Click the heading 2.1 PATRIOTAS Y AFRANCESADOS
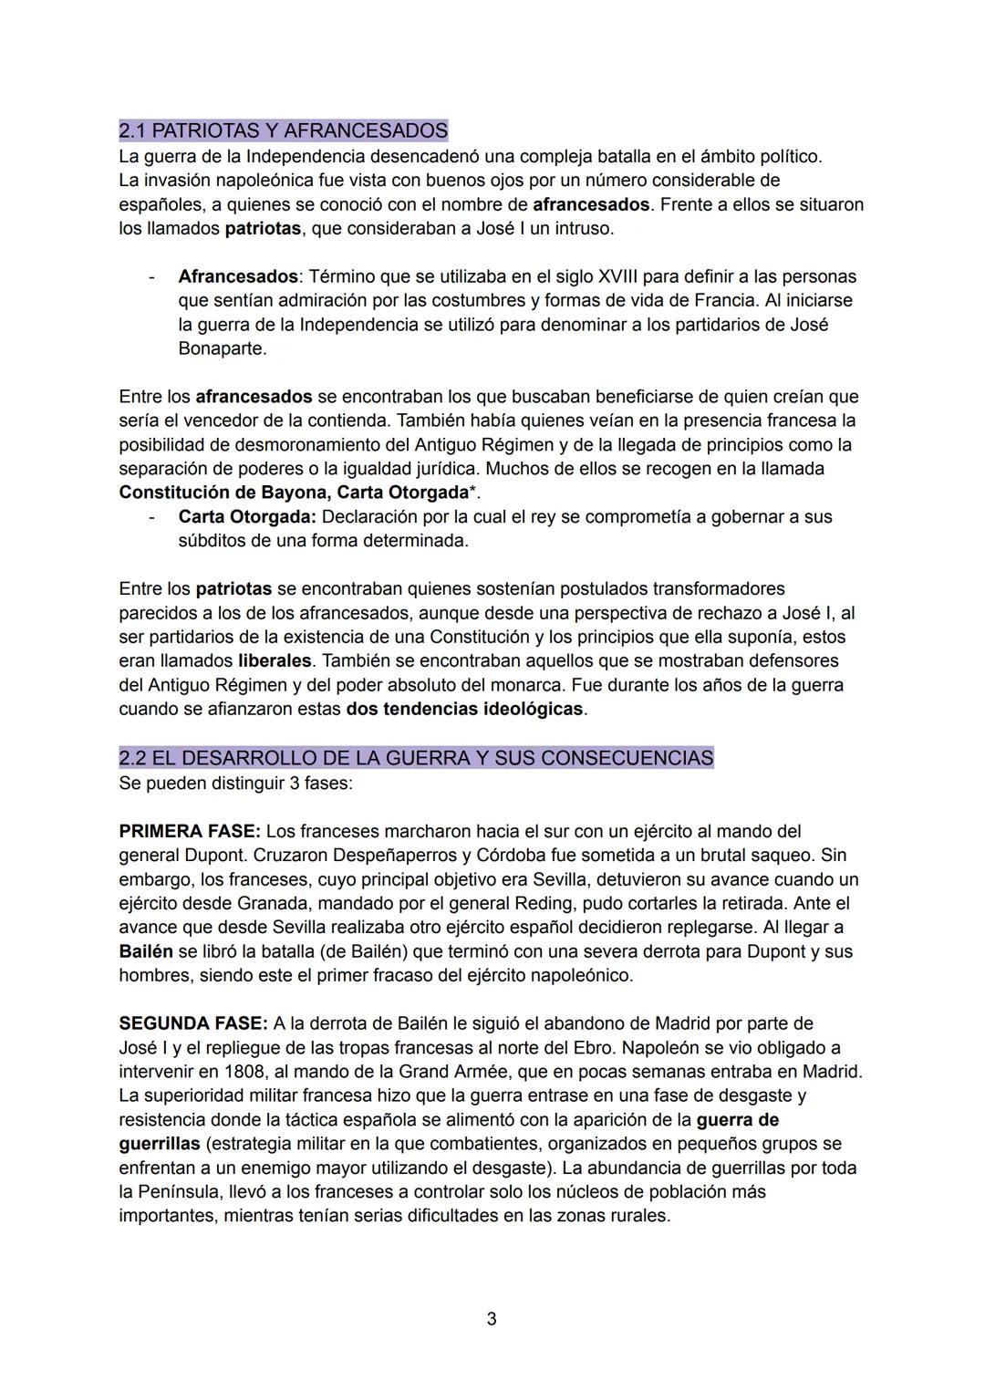(283, 130)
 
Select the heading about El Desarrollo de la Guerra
(416, 758)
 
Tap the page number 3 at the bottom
(492, 1319)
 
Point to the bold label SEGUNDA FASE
(193, 1023)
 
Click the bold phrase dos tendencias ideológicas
(464, 709)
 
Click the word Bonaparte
(222, 348)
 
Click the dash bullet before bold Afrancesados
(151, 276)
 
